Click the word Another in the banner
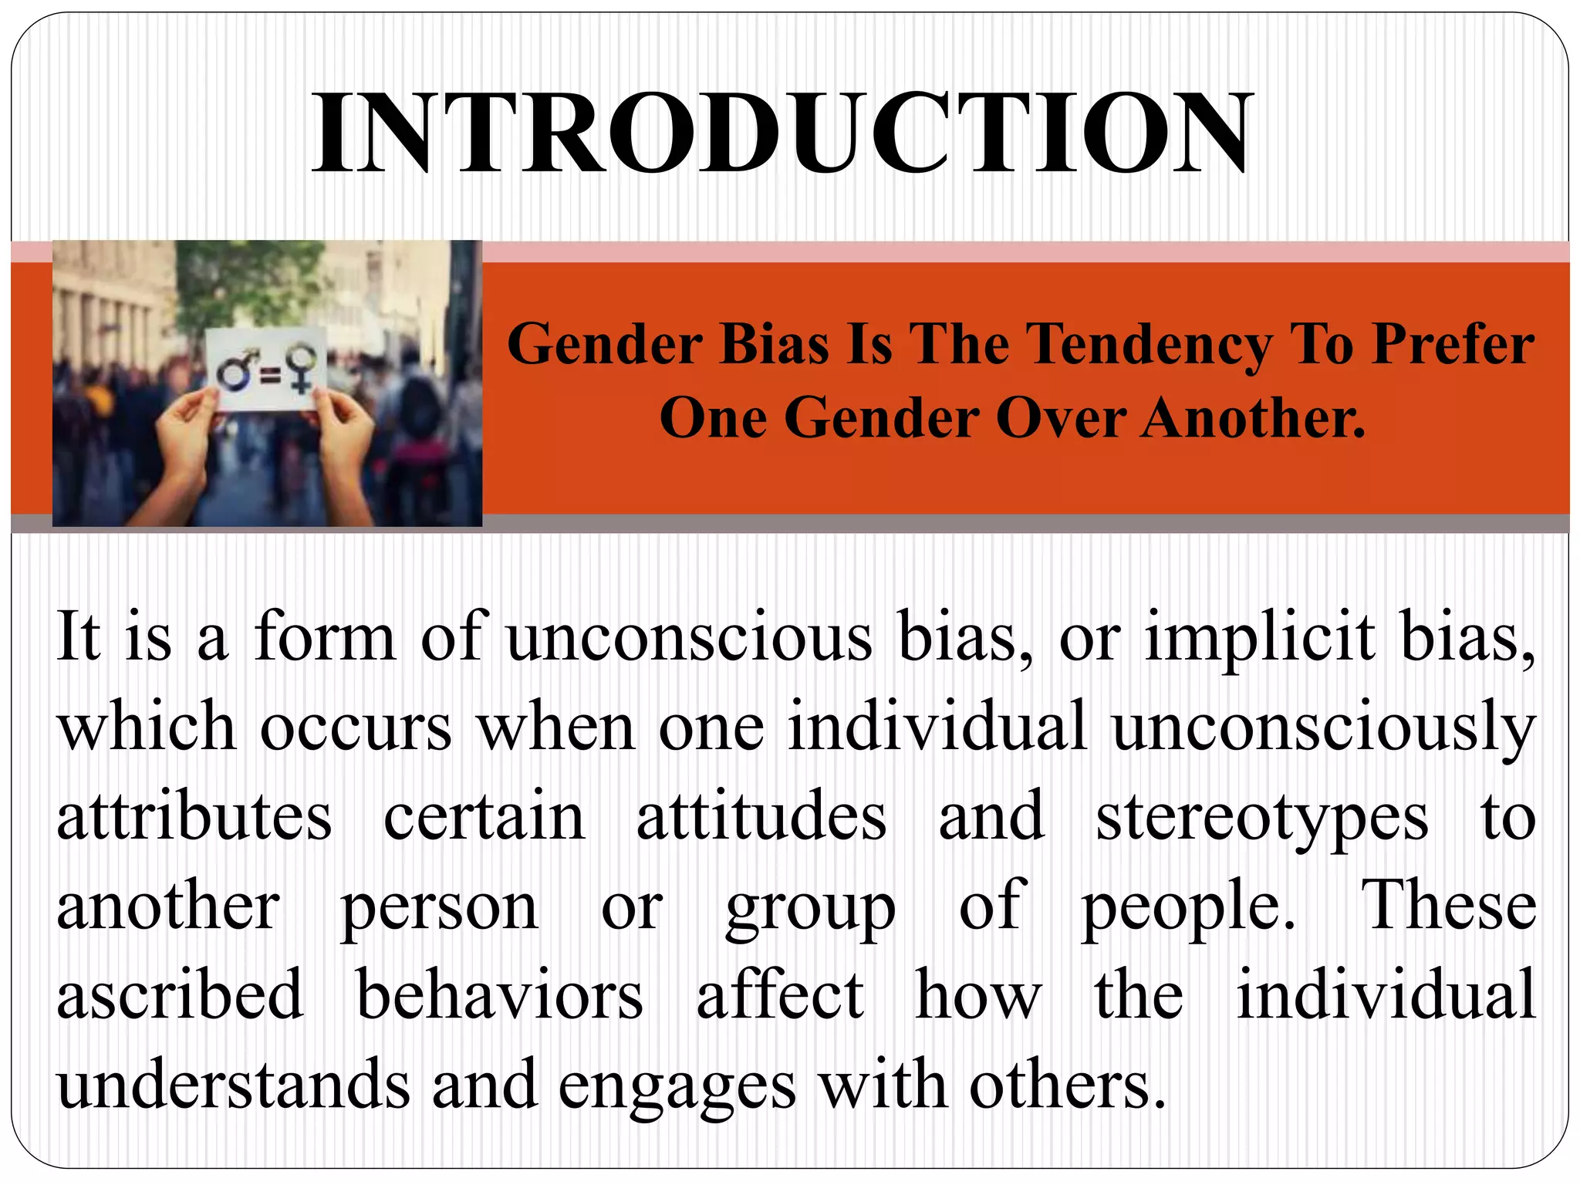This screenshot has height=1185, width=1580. pos(1253,419)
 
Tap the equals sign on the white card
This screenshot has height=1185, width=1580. pos(269,376)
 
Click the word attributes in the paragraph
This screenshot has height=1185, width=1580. pos(194,818)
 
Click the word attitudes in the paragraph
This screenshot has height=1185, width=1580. pos(761,818)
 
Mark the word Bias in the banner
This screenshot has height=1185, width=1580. pos(774,344)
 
